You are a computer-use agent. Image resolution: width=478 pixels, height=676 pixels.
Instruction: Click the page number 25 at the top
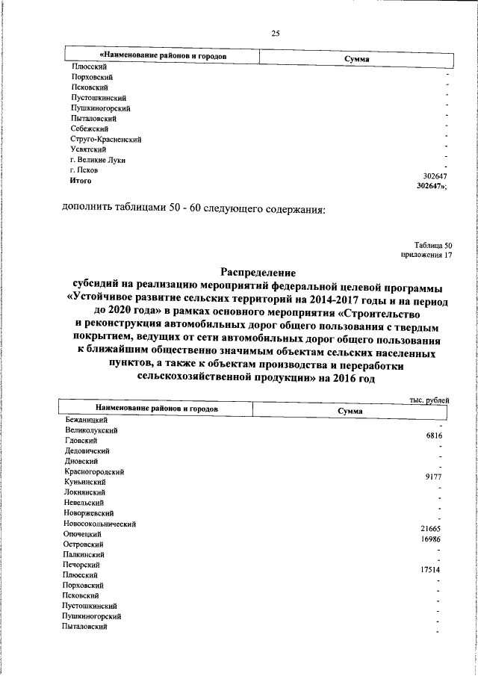point(275,33)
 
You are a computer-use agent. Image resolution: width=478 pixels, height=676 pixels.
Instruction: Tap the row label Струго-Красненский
point(102,139)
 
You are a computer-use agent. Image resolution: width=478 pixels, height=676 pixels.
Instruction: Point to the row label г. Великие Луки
point(93,160)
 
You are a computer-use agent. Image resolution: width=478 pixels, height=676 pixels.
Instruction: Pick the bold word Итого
point(80,180)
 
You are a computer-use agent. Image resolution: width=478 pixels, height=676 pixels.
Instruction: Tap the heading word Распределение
point(258,273)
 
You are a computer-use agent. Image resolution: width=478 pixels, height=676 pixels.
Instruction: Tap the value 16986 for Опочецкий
point(432,539)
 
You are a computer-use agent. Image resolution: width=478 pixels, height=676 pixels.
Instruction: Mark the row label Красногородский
point(94,472)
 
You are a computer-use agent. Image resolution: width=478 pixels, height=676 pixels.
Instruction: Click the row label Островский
point(84,545)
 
